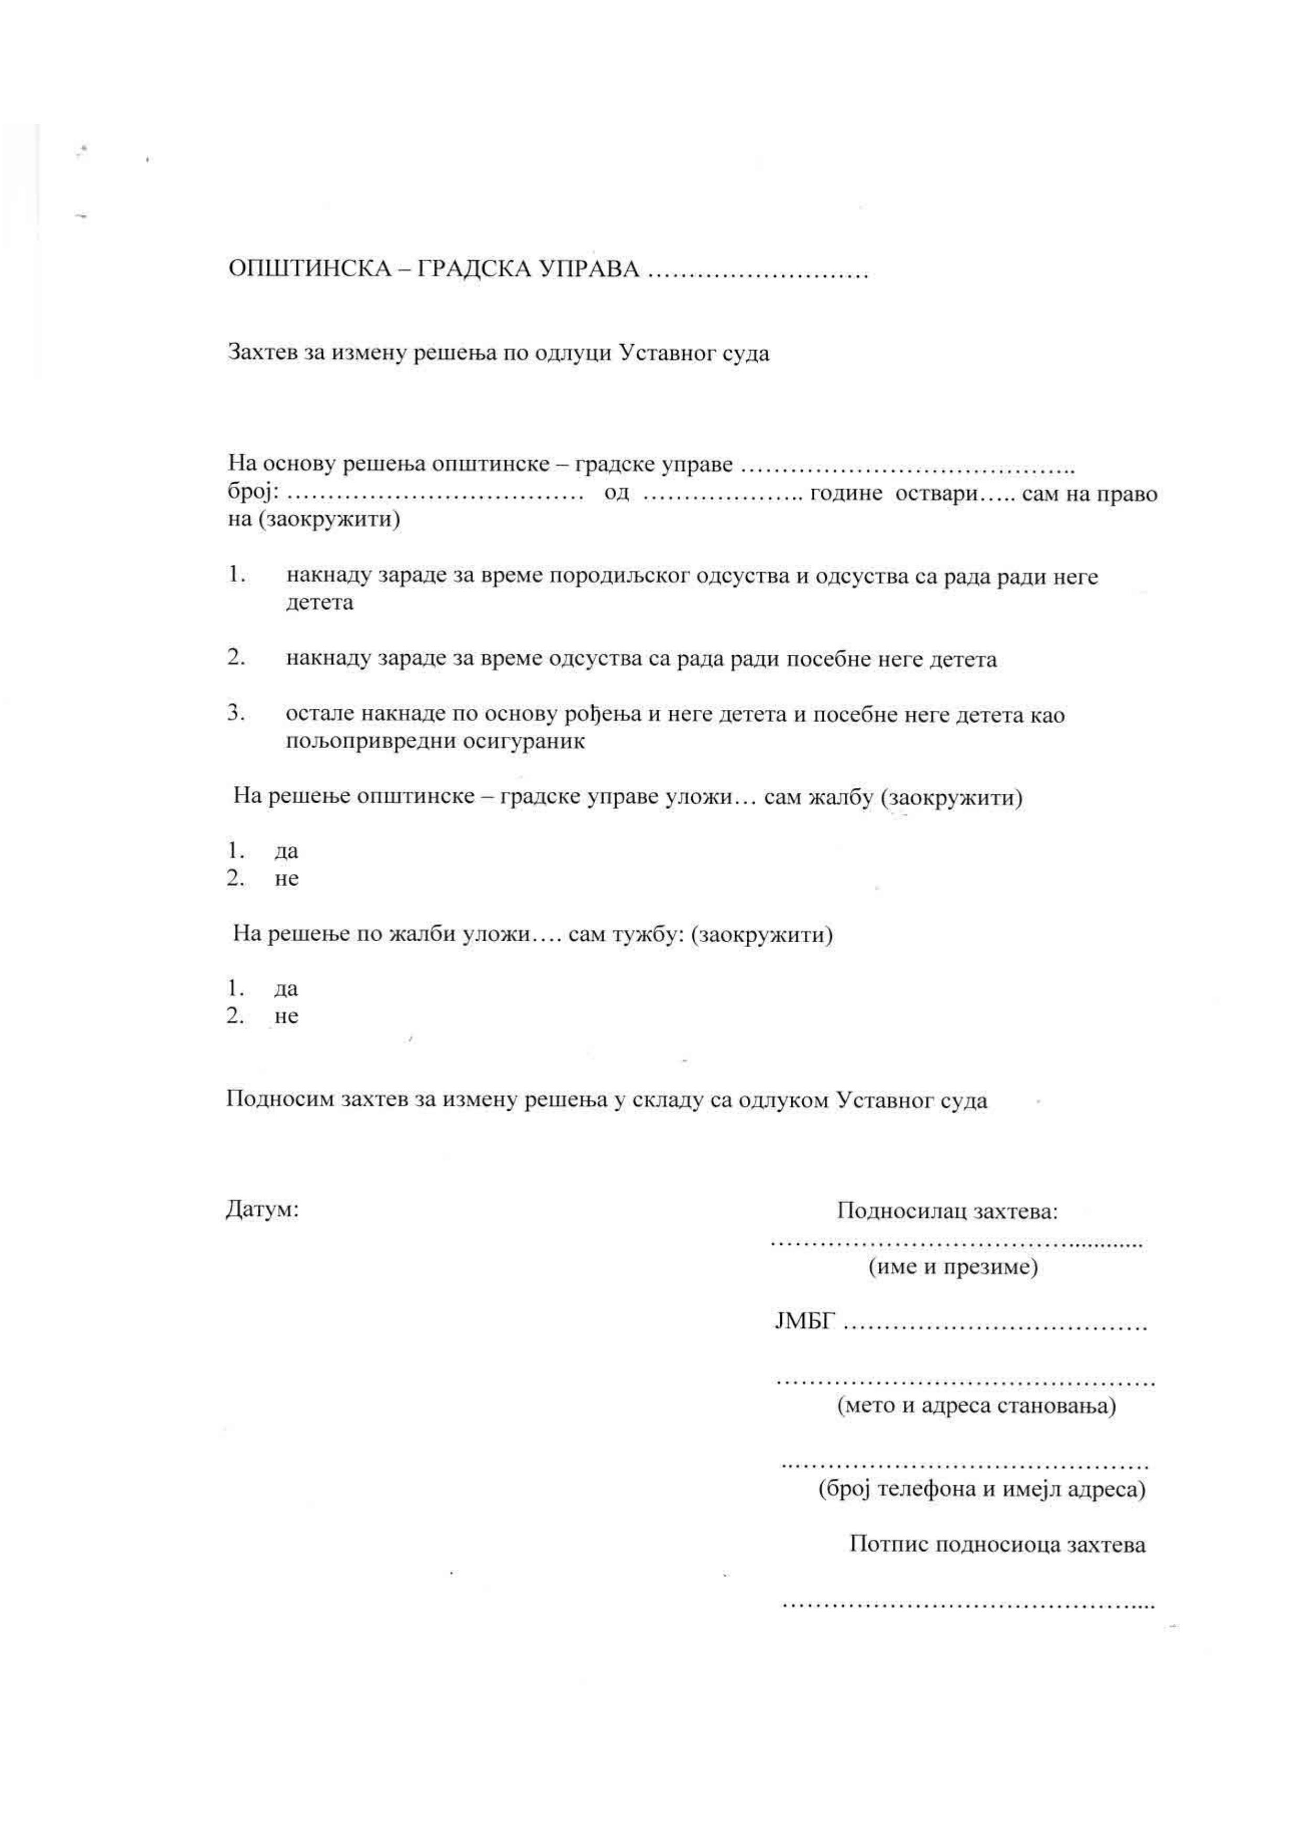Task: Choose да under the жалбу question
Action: (x=286, y=851)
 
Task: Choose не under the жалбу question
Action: (x=286, y=879)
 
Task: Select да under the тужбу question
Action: (x=286, y=988)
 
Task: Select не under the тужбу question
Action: (x=286, y=1017)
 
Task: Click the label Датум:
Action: (x=262, y=1209)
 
